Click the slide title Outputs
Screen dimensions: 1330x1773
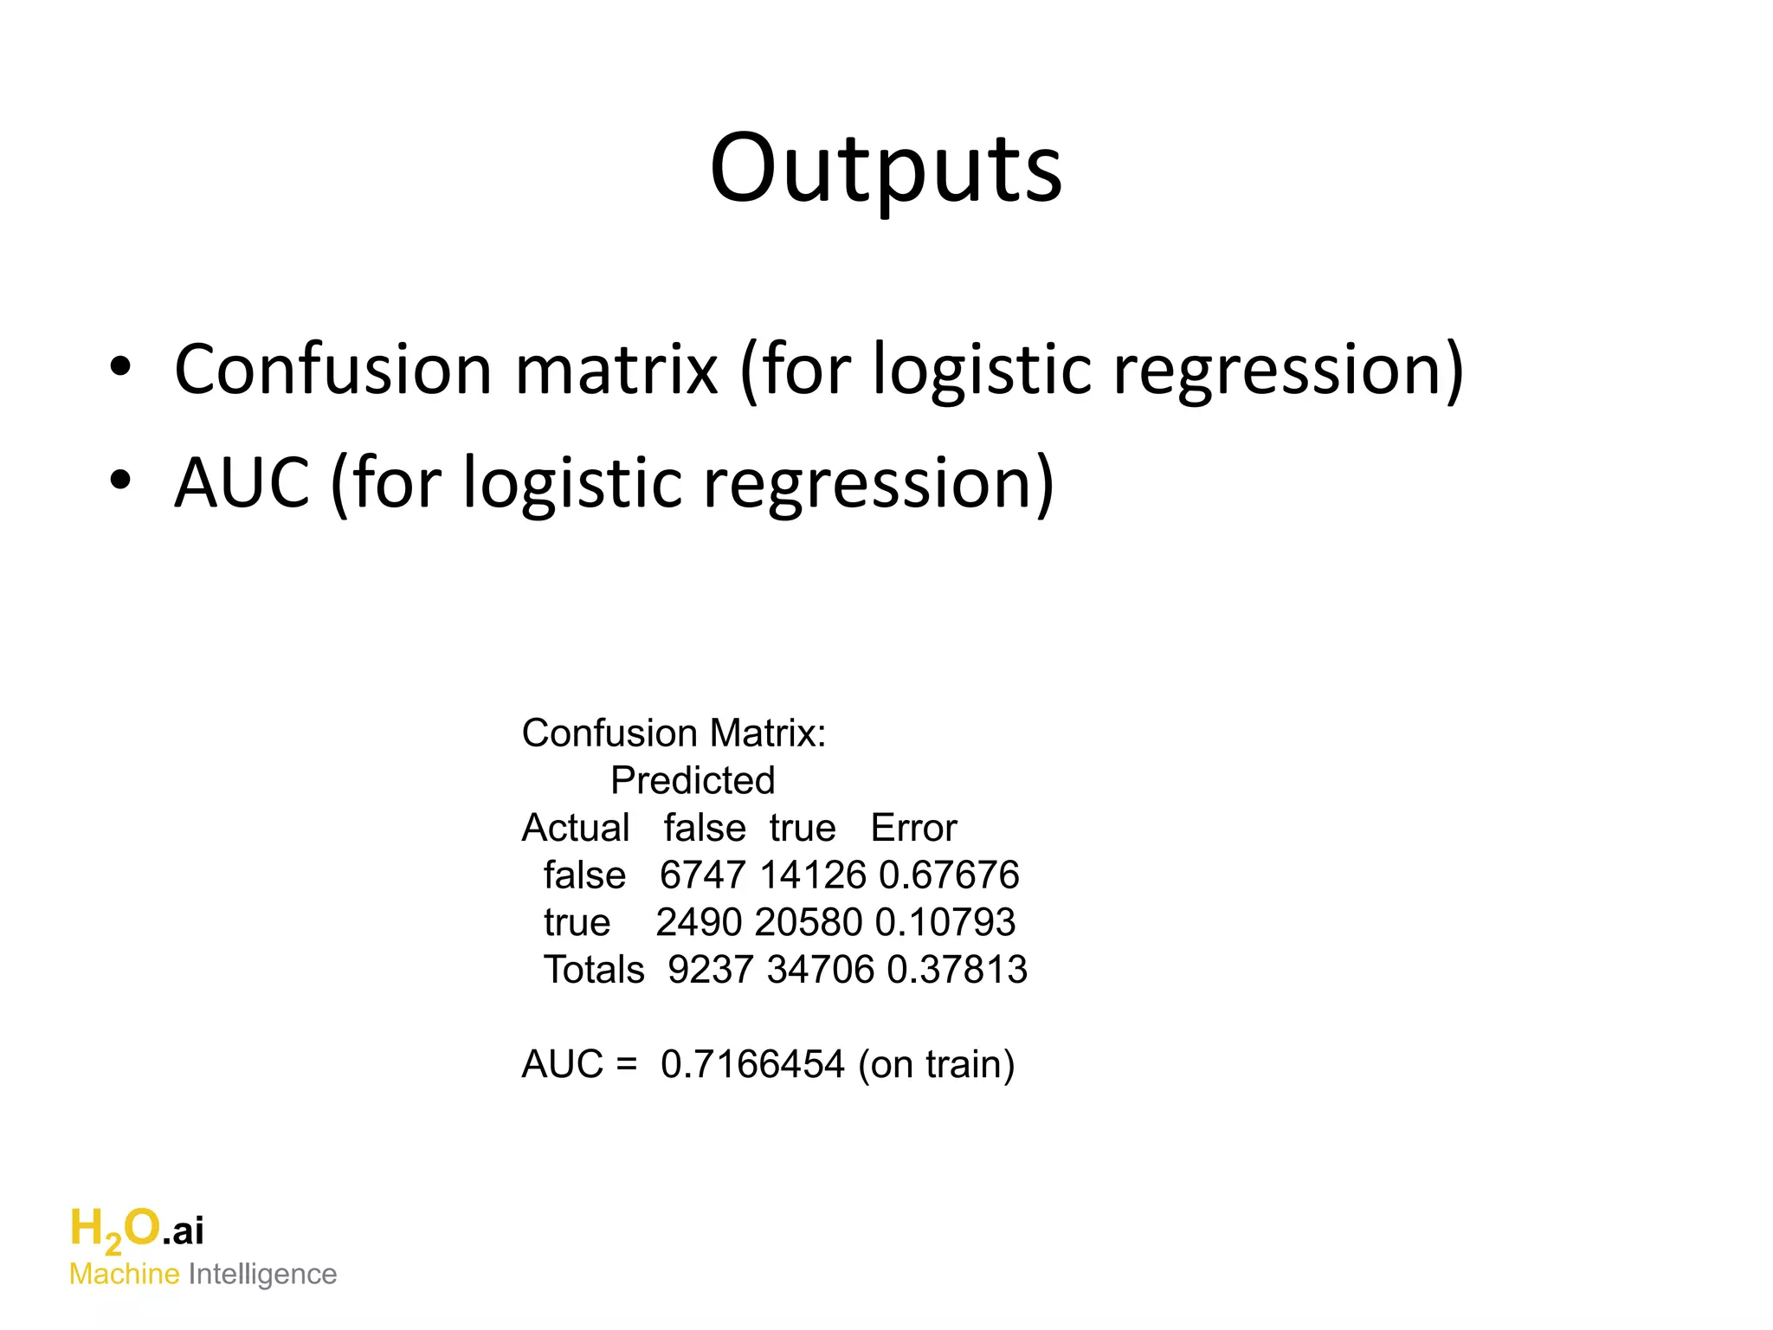click(x=886, y=169)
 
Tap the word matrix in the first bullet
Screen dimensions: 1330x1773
click(x=616, y=370)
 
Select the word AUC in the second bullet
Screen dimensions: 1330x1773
click(x=242, y=483)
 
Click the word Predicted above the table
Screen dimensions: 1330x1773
click(x=693, y=781)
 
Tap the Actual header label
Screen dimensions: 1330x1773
click(x=575, y=829)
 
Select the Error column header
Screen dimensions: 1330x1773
click(x=913, y=829)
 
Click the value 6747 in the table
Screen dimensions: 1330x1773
click(x=702, y=875)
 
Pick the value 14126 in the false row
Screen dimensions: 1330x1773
click(x=812, y=875)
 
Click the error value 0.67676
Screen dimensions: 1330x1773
click(x=949, y=875)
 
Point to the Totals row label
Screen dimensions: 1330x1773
click(x=594, y=970)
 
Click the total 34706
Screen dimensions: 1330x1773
click(x=821, y=970)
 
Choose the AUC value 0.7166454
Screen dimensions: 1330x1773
click(x=752, y=1065)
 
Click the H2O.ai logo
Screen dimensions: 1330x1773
click(x=137, y=1230)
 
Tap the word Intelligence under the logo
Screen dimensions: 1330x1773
click(x=262, y=1275)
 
